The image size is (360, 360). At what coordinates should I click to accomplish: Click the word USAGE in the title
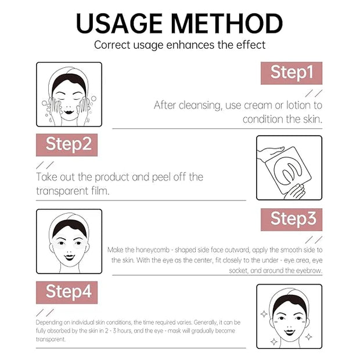coord(120,23)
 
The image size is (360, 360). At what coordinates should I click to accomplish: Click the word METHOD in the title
coord(227,23)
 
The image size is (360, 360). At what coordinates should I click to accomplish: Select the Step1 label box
coord(291,73)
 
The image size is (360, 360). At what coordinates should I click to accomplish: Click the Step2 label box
coord(67,145)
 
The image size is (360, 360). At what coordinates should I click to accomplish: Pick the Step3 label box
coord(291,219)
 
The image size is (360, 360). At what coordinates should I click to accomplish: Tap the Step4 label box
coord(67,292)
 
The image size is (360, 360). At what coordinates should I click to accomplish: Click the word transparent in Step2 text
coord(62,191)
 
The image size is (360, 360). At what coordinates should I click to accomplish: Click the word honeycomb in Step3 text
coord(153,250)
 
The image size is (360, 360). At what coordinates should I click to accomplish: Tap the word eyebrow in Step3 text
coord(309,271)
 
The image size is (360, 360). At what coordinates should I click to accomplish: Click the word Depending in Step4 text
coord(49,323)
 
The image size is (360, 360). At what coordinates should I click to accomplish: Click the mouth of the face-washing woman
coord(69,112)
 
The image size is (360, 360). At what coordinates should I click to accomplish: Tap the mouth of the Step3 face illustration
coord(69,257)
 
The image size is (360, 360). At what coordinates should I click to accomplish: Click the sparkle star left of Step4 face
coord(264,314)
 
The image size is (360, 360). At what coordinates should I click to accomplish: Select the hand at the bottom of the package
coord(295,192)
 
